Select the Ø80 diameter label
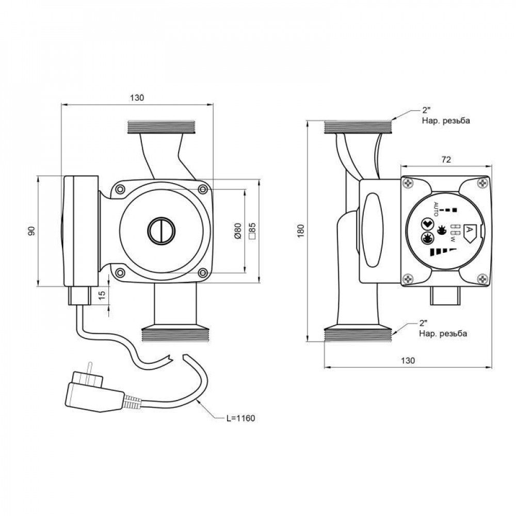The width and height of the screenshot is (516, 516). point(238,231)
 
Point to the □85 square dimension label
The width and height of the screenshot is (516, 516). point(252,231)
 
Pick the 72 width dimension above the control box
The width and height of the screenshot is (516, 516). point(446,160)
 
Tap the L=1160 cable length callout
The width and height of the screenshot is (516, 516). point(240,417)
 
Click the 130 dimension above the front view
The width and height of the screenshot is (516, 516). point(137,98)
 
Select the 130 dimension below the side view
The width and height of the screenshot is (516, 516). point(408,361)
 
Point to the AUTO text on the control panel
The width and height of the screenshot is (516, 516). point(436,209)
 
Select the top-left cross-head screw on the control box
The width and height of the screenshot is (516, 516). point(408,183)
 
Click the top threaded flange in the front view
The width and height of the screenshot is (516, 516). point(161,127)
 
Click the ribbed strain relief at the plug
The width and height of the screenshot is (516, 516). point(133,400)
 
